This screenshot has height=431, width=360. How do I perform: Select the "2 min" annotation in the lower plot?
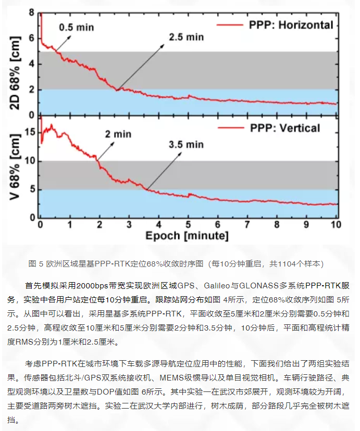[118, 134]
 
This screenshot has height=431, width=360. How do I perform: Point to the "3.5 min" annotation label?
[186, 144]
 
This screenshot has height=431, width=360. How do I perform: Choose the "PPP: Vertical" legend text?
[285, 128]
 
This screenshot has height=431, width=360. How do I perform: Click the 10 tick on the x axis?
[336, 225]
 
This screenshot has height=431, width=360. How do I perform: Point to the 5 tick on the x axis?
[188, 225]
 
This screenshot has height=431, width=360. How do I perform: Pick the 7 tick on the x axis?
[247, 225]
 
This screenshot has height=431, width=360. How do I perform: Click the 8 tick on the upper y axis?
[32, 12]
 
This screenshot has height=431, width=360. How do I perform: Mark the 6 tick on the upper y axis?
[32, 38]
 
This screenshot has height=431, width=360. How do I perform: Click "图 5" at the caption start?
[35, 263]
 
